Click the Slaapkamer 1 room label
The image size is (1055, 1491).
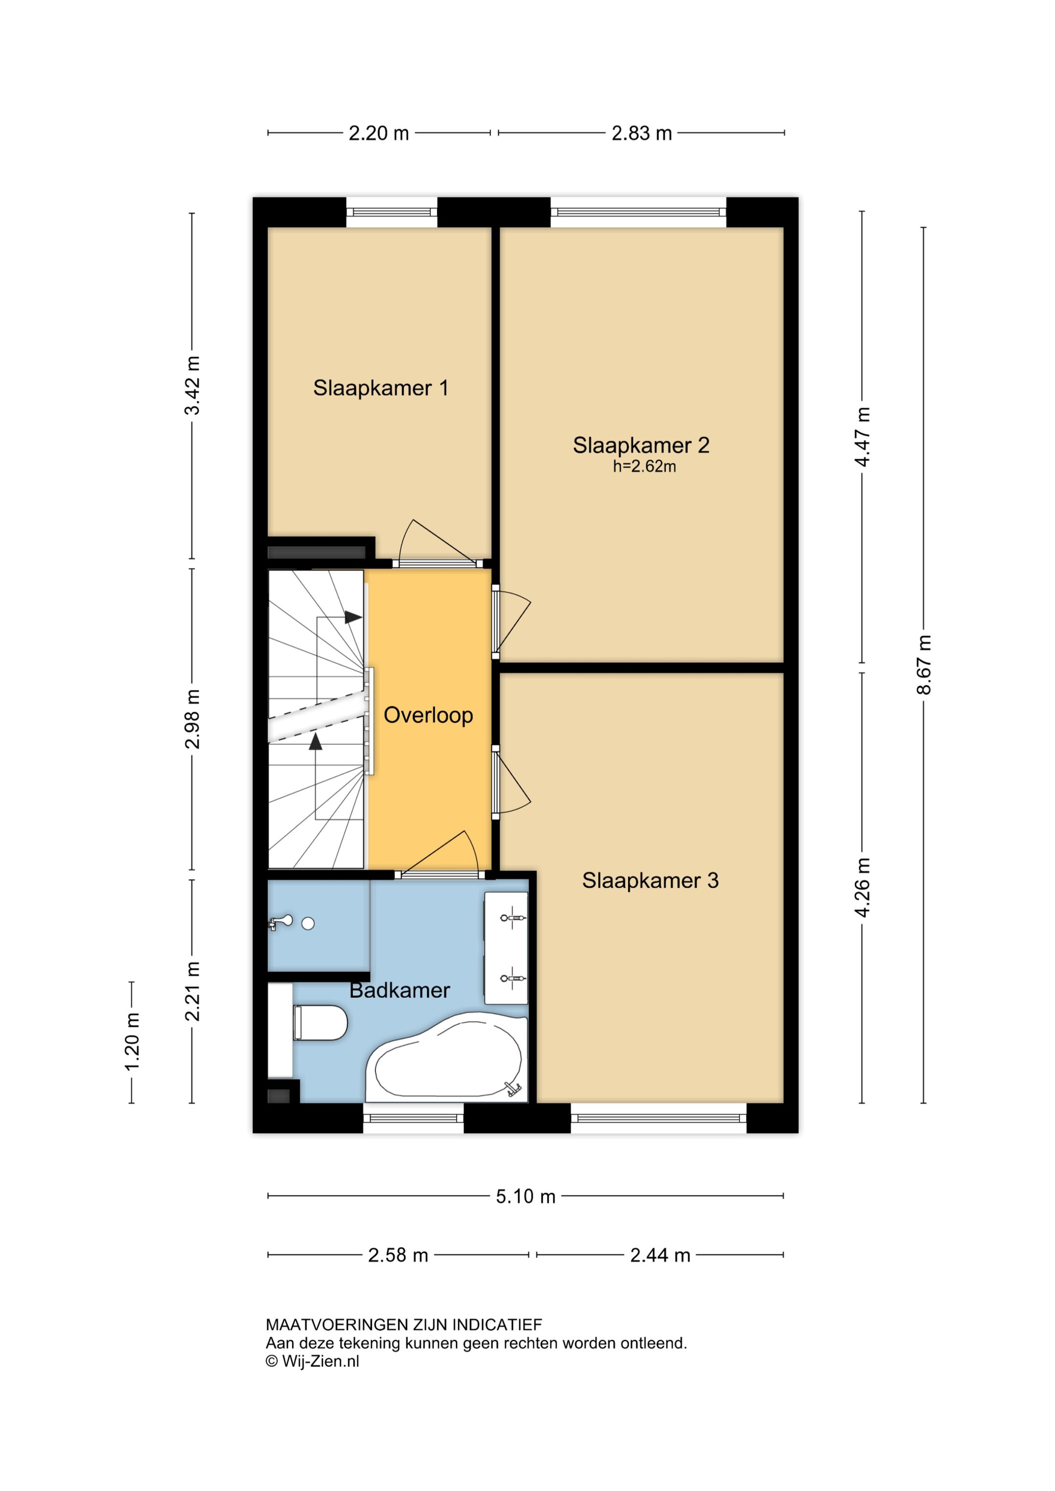pos(380,388)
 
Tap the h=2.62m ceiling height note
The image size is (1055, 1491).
pos(644,466)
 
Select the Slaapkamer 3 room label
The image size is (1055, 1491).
pos(650,880)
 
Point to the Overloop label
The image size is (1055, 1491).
pos(428,715)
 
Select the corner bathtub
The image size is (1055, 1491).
pos(447,1057)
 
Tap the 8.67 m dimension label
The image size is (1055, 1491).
pos(923,664)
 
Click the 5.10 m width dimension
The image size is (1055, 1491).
pos(526,1196)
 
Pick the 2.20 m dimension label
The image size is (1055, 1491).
pos(379,133)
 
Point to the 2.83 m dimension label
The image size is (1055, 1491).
pos(641,133)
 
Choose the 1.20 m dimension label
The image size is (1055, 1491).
pos(132,1042)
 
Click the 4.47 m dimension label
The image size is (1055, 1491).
pos(862,437)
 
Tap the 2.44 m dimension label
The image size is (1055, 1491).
pos(660,1255)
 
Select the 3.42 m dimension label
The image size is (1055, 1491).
pos(192,385)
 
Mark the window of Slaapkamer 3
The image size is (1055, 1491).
pos(659,1118)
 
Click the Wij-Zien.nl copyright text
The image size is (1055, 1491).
pos(313,1361)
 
